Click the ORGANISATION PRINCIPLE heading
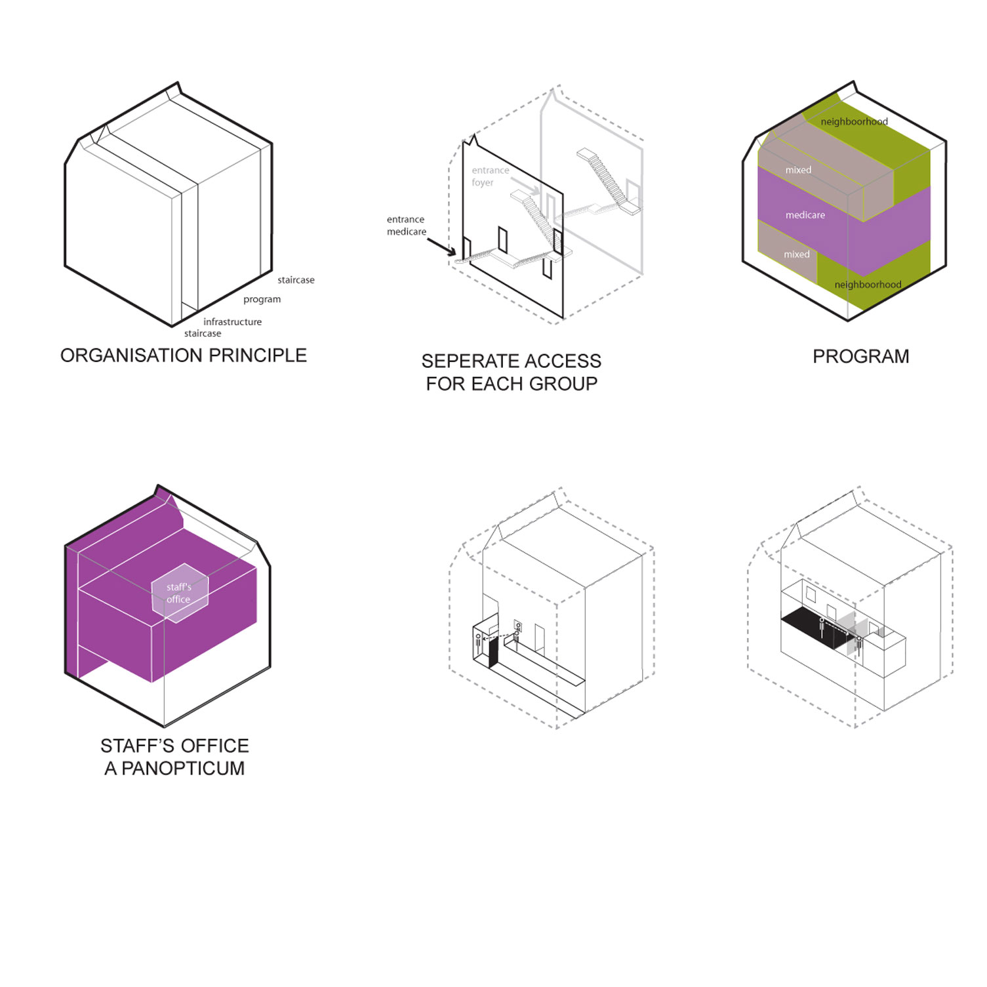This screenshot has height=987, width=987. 184,355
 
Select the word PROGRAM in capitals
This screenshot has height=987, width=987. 861,357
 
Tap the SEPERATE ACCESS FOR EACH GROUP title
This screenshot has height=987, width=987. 512,373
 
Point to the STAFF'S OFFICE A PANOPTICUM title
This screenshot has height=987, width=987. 174,757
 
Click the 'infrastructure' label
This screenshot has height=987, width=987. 232,322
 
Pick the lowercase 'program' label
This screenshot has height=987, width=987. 262,300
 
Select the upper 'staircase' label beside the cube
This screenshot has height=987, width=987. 296,280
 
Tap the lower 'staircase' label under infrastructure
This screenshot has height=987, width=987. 203,333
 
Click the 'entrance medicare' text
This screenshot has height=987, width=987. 407,226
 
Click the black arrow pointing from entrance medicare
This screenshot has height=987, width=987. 441,246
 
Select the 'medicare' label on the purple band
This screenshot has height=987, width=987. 805,215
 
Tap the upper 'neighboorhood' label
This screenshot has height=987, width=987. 854,122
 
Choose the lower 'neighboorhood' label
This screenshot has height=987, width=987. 868,285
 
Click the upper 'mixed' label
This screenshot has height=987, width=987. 798,170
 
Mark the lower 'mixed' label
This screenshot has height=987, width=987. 797,254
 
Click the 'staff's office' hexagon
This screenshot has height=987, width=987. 180,593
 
